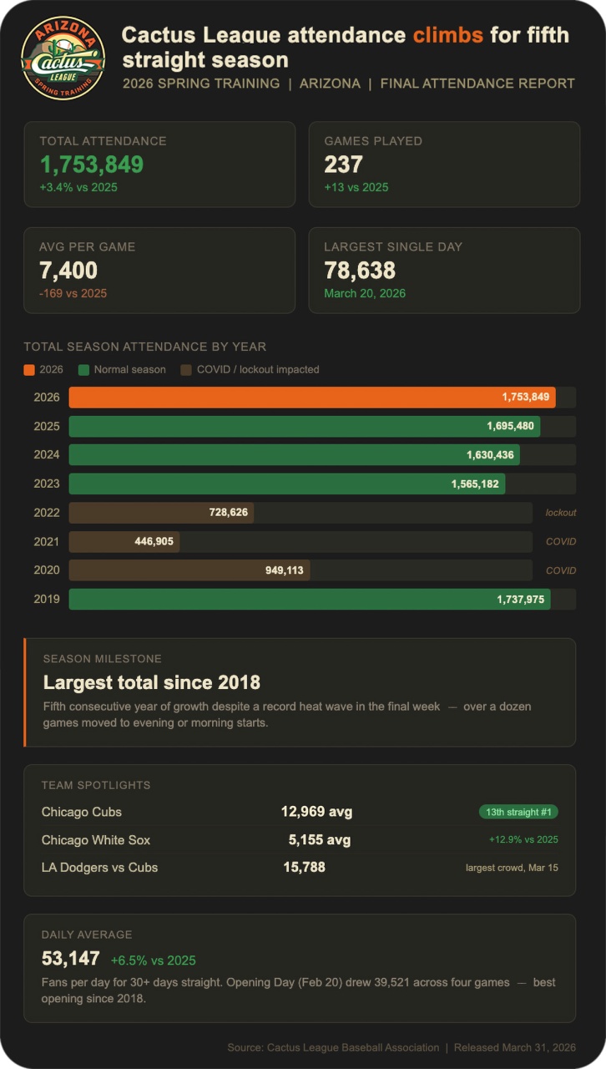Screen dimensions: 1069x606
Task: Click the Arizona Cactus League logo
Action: click(x=63, y=58)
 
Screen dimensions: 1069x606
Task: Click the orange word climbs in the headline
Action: click(x=447, y=34)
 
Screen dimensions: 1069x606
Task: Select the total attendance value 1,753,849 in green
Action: click(x=92, y=165)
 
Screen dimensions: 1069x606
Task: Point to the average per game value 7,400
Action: click(x=68, y=271)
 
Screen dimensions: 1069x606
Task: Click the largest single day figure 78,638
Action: click(x=360, y=271)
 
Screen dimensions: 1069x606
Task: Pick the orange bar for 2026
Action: click(x=311, y=398)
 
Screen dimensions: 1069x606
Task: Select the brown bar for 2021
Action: click(x=124, y=541)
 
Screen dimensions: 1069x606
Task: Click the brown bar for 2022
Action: click(x=160, y=513)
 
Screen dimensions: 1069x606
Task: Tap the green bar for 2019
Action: click(x=309, y=599)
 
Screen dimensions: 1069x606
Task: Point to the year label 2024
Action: click(x=47, y=455)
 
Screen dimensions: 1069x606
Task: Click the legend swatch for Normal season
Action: click(x=83, y=369)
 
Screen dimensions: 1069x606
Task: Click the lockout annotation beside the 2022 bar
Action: click(x=561, y=513)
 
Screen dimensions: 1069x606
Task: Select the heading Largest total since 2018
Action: click(x=152, y=682)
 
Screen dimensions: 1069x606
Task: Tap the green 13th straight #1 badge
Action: click(x=518, y=812)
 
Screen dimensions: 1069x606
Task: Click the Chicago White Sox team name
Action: click(x=96, y=839)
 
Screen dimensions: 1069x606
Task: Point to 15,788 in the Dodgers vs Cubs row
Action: click(x=304, y=867)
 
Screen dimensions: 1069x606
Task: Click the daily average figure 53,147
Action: click(x=71, y=959)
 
